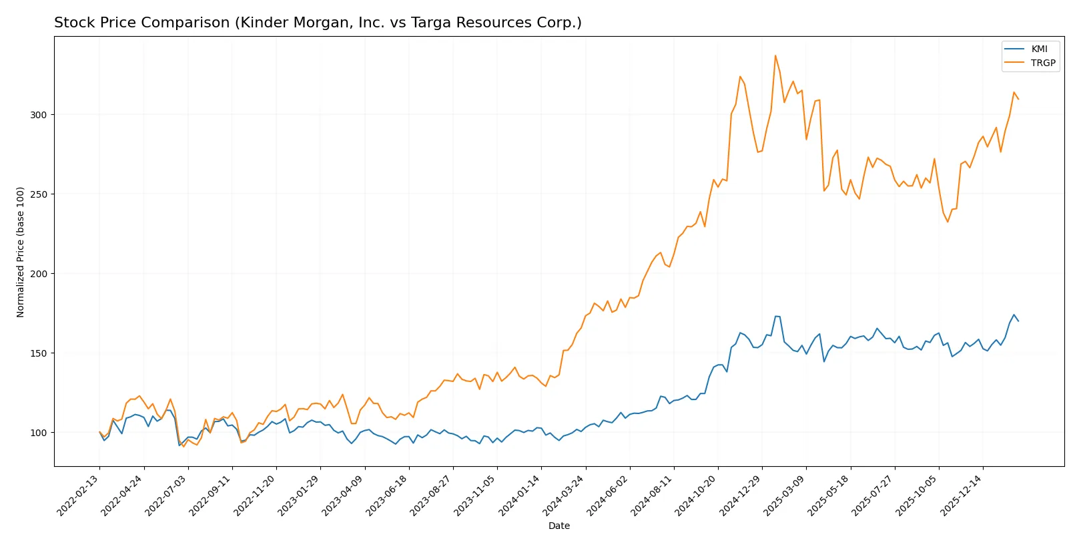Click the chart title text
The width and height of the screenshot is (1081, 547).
[x=318, y=23]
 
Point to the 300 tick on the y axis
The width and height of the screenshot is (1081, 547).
[x=39, y=115]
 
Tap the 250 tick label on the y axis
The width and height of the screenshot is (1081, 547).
[x=39, y=194]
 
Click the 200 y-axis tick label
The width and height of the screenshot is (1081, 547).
[x=39, y=274]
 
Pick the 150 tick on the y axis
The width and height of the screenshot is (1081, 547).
[x=39, y=353]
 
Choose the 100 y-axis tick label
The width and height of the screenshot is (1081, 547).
[x=39, y=433]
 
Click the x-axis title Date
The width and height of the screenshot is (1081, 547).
[x=559, y=526]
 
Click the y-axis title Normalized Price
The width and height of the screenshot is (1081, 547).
[x=20, y=252]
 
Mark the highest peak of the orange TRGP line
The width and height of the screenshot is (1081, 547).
[x=775, y=55]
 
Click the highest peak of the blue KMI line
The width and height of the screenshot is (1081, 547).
[x=1014, y=315]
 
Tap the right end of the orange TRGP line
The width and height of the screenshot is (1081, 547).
[x=1018, y=99]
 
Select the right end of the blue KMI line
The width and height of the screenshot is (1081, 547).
[x=1018, y=321]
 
